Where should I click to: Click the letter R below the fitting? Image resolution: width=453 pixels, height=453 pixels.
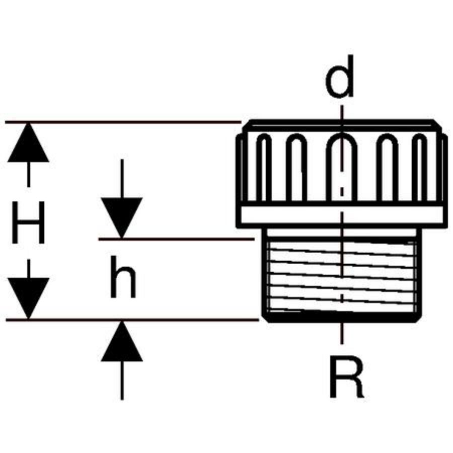point(346,377)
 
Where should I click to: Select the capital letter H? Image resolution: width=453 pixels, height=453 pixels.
point(29,222)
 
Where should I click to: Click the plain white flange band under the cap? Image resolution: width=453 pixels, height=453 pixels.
point(342,215)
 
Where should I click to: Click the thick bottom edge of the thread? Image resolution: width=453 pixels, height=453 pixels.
point(342,317)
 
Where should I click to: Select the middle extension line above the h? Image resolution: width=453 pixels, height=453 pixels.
point(176,239)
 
